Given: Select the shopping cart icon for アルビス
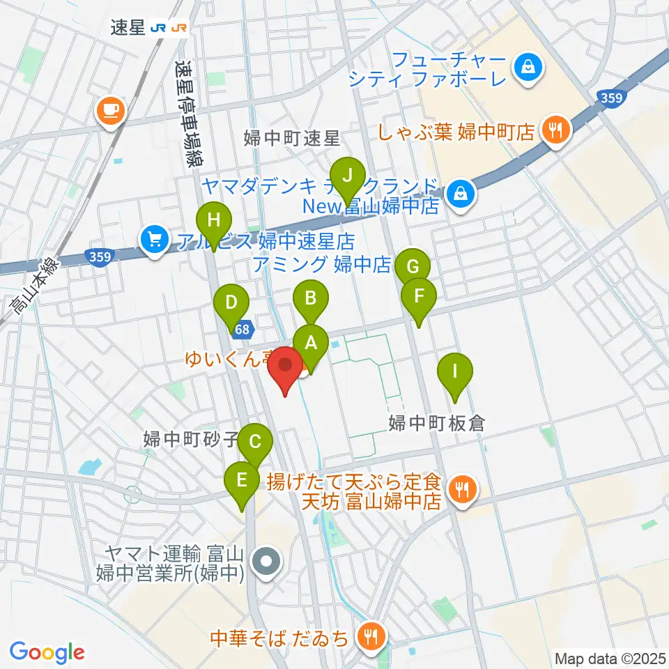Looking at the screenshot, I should (153, 240).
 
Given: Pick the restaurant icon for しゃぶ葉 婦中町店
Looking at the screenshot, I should (555, 129).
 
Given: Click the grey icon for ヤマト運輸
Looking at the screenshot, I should (266, 562).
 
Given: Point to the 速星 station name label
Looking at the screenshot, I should (128, 27).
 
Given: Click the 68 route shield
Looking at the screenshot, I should (243, 328).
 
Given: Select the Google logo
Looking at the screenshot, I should (47, 652).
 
